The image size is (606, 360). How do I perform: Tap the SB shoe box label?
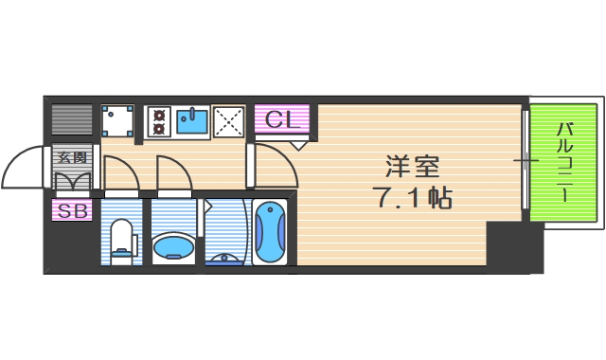pos(72,211)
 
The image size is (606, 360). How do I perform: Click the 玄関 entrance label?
pos(72,157)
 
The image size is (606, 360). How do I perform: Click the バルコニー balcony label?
pos(563,161)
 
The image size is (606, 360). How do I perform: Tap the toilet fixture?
pos(122,240)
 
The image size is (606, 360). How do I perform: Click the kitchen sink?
pos(194,120)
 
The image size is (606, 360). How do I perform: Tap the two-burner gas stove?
pos(157,120)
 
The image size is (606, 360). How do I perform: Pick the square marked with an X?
pos(228,120)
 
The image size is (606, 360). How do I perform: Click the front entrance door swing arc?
pos(24,169)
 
